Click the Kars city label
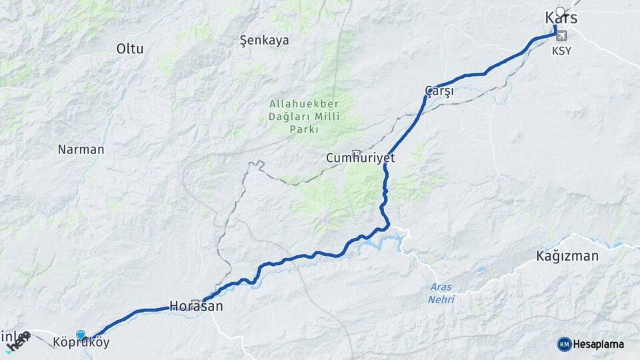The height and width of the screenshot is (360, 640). click(561, 19)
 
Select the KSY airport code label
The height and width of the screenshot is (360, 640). click(561, 50)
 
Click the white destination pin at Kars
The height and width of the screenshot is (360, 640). click(560, 11)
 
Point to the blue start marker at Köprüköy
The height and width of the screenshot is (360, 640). click(81, 335)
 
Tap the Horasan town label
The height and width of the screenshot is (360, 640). click(195, 307)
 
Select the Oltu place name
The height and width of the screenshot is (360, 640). click(130, 49)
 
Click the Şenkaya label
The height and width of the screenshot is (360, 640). click(264, 41)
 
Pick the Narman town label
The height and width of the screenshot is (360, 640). click(81, 149)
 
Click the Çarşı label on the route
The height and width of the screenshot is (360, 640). click(439, 91)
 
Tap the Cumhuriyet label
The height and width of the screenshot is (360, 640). click(361, 159)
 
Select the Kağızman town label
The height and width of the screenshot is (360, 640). click(567, 255)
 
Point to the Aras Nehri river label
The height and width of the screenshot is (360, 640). click(441, 293)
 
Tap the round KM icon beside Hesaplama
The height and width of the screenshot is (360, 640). click(565, 344)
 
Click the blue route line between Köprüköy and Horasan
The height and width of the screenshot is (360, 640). click(140, 310)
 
